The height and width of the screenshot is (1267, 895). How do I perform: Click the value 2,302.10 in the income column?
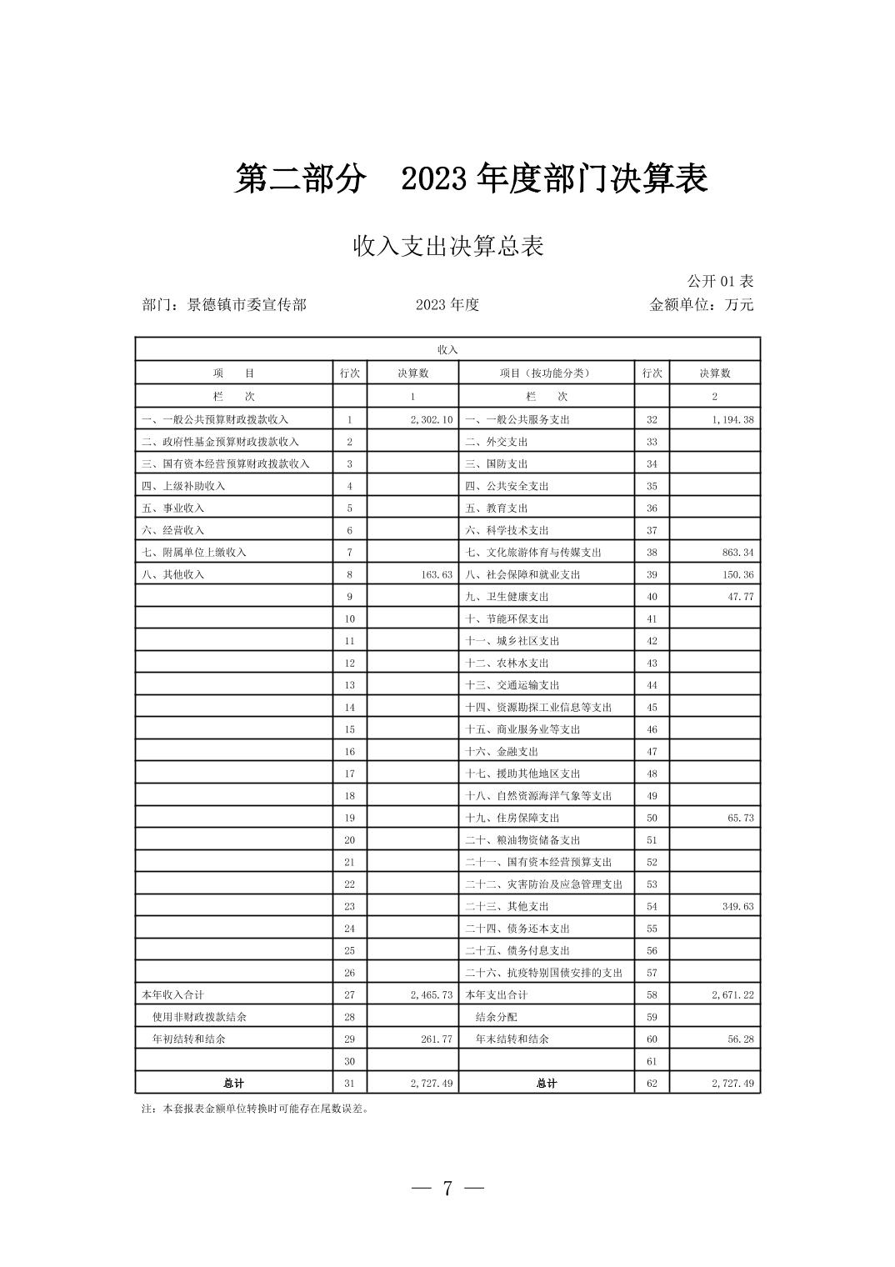pos(431,419)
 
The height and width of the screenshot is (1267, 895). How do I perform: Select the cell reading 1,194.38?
pos(732,419)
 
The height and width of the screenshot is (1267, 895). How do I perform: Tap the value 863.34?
pos(737,552)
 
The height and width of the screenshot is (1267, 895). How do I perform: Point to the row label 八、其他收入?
pos(172,574)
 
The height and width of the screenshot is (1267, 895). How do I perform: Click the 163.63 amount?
pos(436,574)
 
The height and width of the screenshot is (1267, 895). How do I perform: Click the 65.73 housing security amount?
pos(740,818)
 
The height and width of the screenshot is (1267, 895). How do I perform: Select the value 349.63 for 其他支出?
pos(737,906)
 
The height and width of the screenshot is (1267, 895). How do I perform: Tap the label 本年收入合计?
pos(172,994)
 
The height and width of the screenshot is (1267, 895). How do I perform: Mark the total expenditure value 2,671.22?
pos(732,994)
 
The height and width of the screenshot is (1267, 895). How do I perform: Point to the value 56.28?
pos(740,1039)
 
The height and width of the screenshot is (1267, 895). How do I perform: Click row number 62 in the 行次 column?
pos(652,1083)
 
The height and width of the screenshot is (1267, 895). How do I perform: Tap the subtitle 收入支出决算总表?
pos(447,246)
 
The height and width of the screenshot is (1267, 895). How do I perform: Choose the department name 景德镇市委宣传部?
pos(247,304)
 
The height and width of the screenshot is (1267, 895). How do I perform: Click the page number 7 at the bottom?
pos(447,1188)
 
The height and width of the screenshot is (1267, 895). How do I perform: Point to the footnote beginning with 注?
pos(255,1109)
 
